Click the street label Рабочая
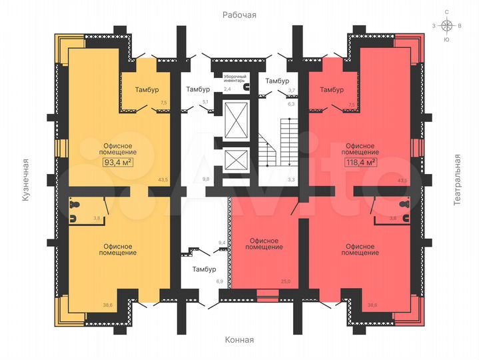point(239,15)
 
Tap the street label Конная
point(239,340)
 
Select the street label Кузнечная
point(26,180)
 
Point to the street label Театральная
point(457,180)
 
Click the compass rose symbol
point(447,26)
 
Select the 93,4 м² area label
point(118,162)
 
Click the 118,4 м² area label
point(361,162)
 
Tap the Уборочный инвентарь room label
point(234,79)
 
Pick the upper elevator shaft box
point(236,119)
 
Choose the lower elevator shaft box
point(236,160)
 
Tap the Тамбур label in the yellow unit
point(147,89)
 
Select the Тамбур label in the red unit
point(332,89)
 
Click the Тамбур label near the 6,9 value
point(204,269)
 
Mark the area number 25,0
point(286,281)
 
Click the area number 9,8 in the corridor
point(206,179)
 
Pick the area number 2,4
point(227,89)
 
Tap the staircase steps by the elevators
point(278,143)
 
